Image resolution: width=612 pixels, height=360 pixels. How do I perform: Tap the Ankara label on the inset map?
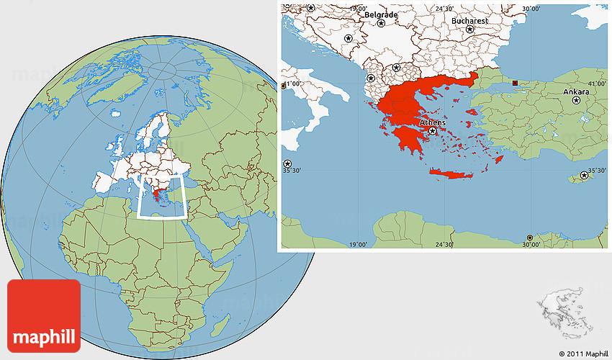click(577, 92)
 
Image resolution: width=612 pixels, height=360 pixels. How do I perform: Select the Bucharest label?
click(470, 22)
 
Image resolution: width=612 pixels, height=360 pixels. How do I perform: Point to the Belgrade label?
click(382, 14)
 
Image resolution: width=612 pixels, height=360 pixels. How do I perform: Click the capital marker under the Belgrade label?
click(382, 24)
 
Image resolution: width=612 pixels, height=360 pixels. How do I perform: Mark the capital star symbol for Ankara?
click(577, 102)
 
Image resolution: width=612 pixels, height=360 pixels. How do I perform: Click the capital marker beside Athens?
click(433, 131)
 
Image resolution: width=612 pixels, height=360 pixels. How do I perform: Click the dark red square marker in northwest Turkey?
click(515, 84)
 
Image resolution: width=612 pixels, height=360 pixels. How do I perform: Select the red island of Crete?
click(450, 174)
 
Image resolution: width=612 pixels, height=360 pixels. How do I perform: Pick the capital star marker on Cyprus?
click(585, 176)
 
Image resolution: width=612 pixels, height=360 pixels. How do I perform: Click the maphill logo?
click(44, 315)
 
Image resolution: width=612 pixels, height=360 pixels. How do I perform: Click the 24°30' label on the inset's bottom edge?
click(444, 245)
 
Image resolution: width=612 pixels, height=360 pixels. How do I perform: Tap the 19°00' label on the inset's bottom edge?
click(358, 245)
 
